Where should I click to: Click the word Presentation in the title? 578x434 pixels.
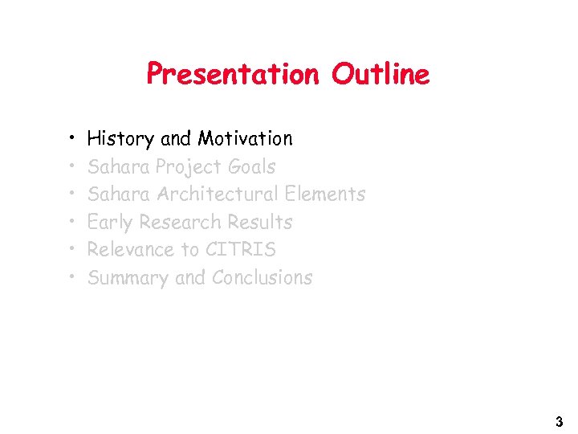[232, 75]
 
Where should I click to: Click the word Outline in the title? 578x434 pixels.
[381, 75]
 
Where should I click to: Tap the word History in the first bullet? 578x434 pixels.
[120, 139]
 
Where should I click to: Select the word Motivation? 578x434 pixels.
[245, 139]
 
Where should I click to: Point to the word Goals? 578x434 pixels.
[252, 167]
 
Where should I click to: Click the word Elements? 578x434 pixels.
[325, 194]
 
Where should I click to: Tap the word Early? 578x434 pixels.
[110, 223]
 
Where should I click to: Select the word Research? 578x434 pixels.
[181, 223]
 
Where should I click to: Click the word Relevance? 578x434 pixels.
[132, 250]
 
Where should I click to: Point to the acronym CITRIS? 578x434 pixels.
[241, 250]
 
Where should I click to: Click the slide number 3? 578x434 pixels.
[559, 422]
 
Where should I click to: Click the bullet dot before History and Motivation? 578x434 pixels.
[72, 139]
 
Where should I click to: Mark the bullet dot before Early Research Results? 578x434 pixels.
[72, 223]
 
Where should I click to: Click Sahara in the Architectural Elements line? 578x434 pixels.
[120, 194]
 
